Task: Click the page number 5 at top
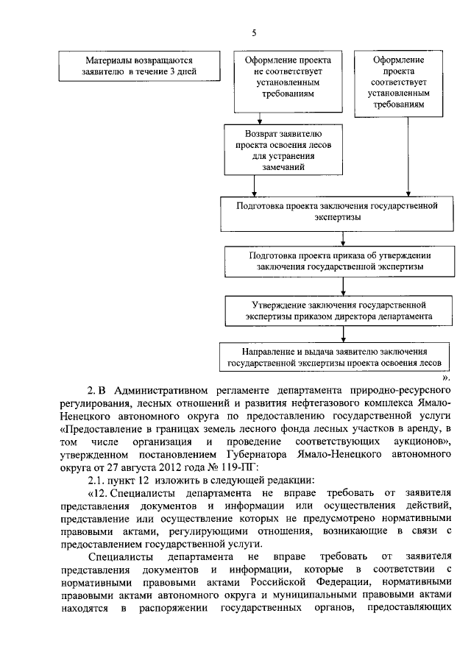tap(254, 33)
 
